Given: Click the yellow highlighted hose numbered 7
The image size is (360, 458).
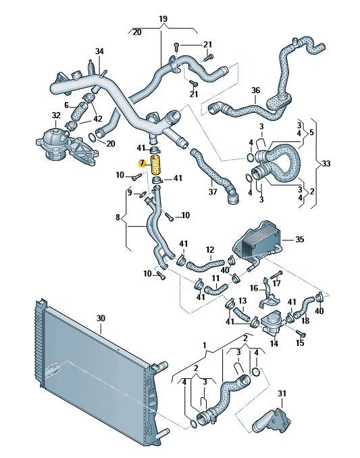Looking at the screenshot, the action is [156, 165].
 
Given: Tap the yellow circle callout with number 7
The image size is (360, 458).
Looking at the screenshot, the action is [143, 163].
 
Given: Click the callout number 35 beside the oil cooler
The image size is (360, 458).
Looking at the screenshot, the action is [300, 239].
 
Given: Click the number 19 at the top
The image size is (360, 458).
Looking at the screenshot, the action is [163, 19].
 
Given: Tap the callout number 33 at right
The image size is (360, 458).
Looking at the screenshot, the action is [326, 163].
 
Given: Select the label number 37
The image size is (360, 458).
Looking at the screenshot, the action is [213, 191].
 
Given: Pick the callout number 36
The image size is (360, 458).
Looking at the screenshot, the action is [255, 91].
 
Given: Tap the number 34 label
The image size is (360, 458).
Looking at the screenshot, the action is [99, 51].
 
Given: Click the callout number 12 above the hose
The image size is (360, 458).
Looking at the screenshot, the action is [210, 250].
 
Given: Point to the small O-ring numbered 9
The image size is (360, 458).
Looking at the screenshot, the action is [143, 194].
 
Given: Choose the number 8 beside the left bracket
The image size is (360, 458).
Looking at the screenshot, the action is [118, 218].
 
